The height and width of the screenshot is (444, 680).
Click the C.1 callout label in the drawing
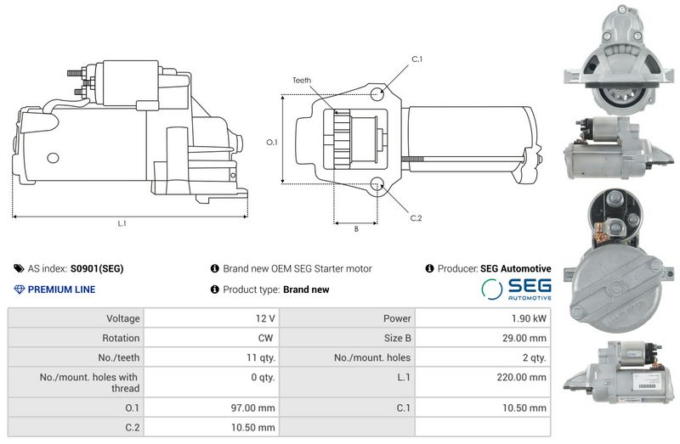(416, 59)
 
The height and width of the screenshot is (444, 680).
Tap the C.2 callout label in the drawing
(416, 218)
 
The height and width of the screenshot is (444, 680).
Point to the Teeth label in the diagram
(302, 80)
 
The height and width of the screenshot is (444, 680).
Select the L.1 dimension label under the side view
(122, 223)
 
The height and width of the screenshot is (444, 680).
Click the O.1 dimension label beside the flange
(272, 142)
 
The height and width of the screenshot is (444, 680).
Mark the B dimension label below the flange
(356, 228)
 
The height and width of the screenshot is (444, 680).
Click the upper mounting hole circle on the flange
(377, 93)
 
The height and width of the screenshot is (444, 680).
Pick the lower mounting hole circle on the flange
(377, 184)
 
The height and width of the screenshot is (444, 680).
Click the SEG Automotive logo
(516, 289)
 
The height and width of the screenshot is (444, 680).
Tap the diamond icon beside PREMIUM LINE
(19, 289)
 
